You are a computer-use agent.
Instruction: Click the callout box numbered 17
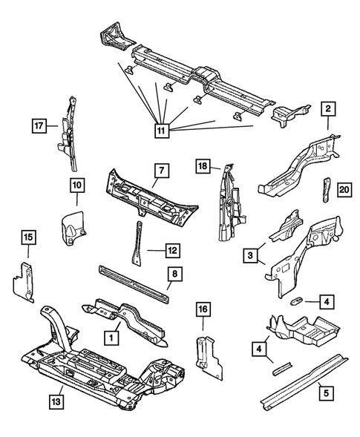coord(39,126)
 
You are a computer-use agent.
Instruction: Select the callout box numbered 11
coord(162,131)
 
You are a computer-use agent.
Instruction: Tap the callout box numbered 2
coord(328,109)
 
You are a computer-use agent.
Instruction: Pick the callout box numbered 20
coord(344,190)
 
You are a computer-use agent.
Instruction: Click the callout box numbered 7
coord(162,171)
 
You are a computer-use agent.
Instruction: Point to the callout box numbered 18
coord(203,166)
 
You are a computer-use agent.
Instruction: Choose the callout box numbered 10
coord(77,185)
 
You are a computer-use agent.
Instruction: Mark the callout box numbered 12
coord(173,251)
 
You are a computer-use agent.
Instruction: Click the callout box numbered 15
coord(29,237)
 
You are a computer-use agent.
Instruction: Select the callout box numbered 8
coord(175,274)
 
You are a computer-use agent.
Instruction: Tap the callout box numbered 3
coord(250,255)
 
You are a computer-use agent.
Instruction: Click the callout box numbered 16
coord(203,309)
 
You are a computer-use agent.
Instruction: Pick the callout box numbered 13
coord(56,401)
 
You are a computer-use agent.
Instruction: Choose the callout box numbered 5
coord(327,393)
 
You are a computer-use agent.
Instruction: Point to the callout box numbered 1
coord(111,338)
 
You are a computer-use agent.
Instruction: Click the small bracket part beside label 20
coord(327,190)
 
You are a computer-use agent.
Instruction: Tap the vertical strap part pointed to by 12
coord(137,243)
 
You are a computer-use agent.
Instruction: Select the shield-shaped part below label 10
coord(73,225)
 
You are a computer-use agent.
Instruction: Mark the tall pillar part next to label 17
coord(68,134)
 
